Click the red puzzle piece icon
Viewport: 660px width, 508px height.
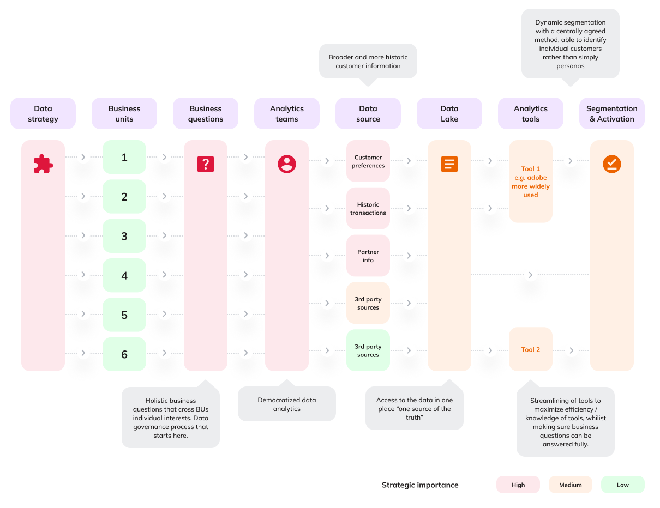(43, 164)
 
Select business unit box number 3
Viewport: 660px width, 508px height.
(124, 236)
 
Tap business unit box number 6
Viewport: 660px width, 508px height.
(124, 354)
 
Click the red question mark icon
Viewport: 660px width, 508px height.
(206, 164)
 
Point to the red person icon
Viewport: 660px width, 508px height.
(287, 164)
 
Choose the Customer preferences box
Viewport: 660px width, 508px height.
(368, 161)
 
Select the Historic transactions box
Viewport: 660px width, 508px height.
(368, 209)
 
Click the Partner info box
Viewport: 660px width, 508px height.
(368, 256)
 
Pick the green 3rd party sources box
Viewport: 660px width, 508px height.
(368, 350)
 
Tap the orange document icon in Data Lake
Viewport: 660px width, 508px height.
(449, 164)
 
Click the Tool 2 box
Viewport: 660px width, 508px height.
(531, 349)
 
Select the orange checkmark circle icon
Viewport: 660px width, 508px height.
(612, 164)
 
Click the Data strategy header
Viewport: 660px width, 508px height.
(43, 113)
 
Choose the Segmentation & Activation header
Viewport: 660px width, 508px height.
(612, 113)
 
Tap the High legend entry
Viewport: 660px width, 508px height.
(518, 485)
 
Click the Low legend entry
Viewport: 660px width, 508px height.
(622, 485)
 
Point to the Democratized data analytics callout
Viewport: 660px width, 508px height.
(287, 404)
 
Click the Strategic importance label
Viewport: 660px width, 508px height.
(420, 485)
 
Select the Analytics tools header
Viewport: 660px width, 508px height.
(531, 113)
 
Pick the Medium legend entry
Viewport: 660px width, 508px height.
(571, 485)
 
